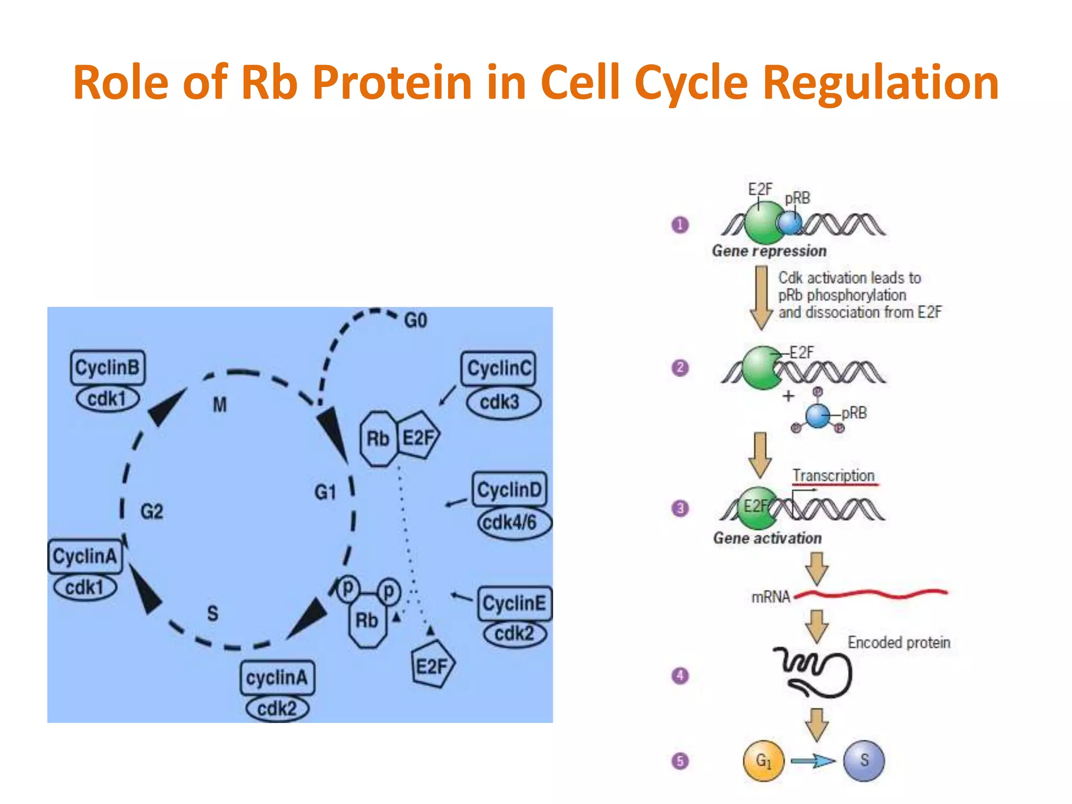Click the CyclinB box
108,367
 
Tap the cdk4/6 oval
514,522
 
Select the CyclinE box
514,603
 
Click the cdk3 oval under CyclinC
502,402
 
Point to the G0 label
416,320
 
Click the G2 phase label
152,511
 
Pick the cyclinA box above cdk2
277,678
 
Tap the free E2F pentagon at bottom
432,666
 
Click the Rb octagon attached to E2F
378,439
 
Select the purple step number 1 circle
680,225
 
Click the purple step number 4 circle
680,676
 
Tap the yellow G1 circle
764,761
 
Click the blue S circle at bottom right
864,761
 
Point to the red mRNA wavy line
872,594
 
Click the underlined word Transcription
833,475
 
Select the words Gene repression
769,251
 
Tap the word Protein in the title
393,83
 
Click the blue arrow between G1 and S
813,761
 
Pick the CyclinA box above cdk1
85,556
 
